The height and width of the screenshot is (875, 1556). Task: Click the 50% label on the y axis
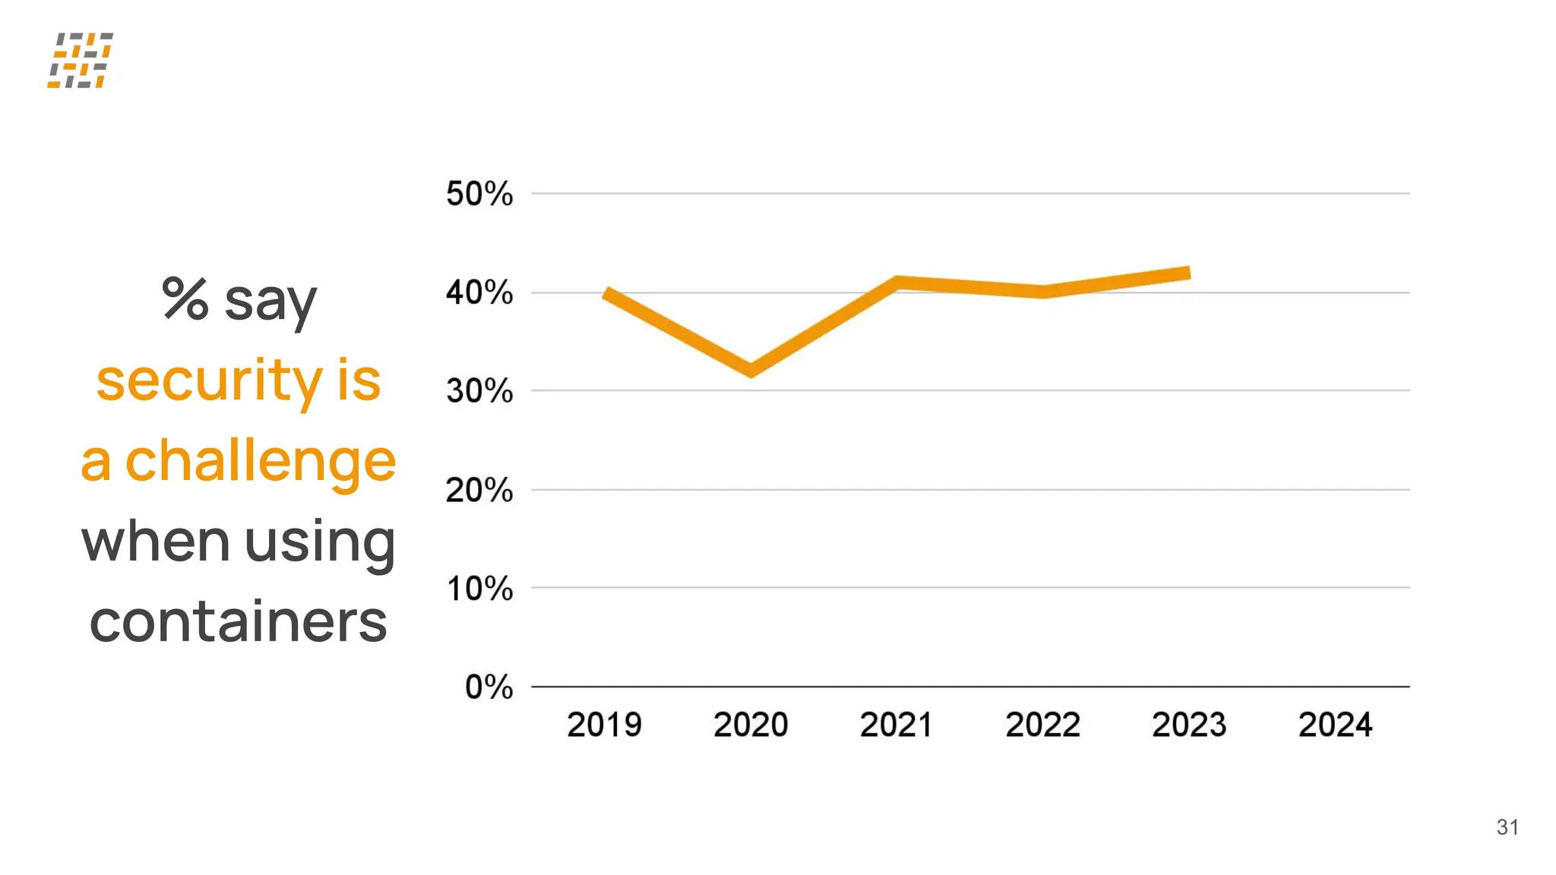pos(479,194)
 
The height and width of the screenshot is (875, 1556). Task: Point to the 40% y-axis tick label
pos(479,292)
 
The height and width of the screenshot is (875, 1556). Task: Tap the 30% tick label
pos(479,391)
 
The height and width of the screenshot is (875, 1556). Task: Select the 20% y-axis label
pos(479,490)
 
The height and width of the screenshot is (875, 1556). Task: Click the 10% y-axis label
pos(479,589)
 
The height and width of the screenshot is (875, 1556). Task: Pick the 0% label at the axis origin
pos(489,687)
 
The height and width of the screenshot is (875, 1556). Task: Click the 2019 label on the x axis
pos(604,725)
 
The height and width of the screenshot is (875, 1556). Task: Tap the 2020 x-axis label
pos(751,725)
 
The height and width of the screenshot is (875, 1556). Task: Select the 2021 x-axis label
pos(897,725)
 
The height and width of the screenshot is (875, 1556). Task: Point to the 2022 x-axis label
pos(1043,725)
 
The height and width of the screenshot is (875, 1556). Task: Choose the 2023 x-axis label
pos(1189,725)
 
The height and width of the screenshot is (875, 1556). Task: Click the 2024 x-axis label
pos(1336,725)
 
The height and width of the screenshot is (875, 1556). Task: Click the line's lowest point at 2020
pos(751,370)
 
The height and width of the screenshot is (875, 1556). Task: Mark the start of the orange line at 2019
pos(607,294)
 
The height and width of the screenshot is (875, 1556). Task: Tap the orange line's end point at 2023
pos(1188,273)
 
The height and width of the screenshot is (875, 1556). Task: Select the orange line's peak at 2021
pos(897,283)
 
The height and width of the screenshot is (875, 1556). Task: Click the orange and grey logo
pos(80,60)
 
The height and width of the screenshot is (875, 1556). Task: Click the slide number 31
pos(1507,827)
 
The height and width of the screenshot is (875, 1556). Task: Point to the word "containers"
pos(239,622)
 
